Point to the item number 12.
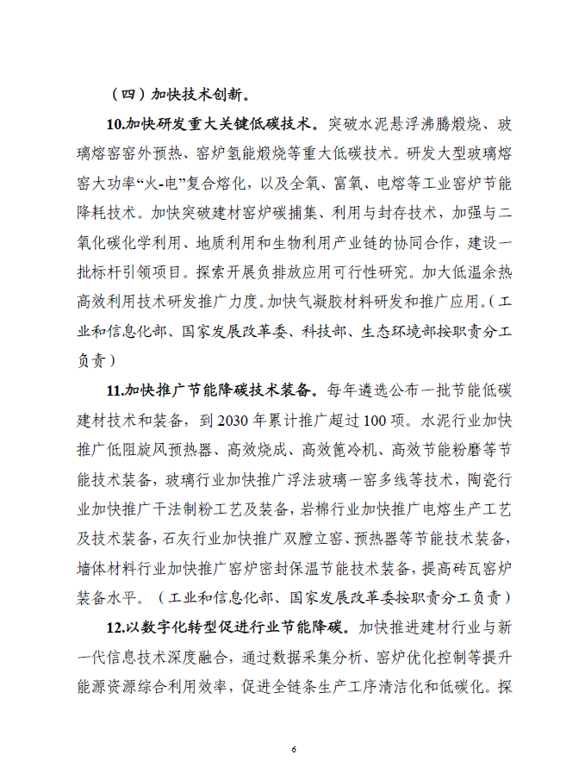click(115, 626)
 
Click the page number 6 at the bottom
click(293, 749)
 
